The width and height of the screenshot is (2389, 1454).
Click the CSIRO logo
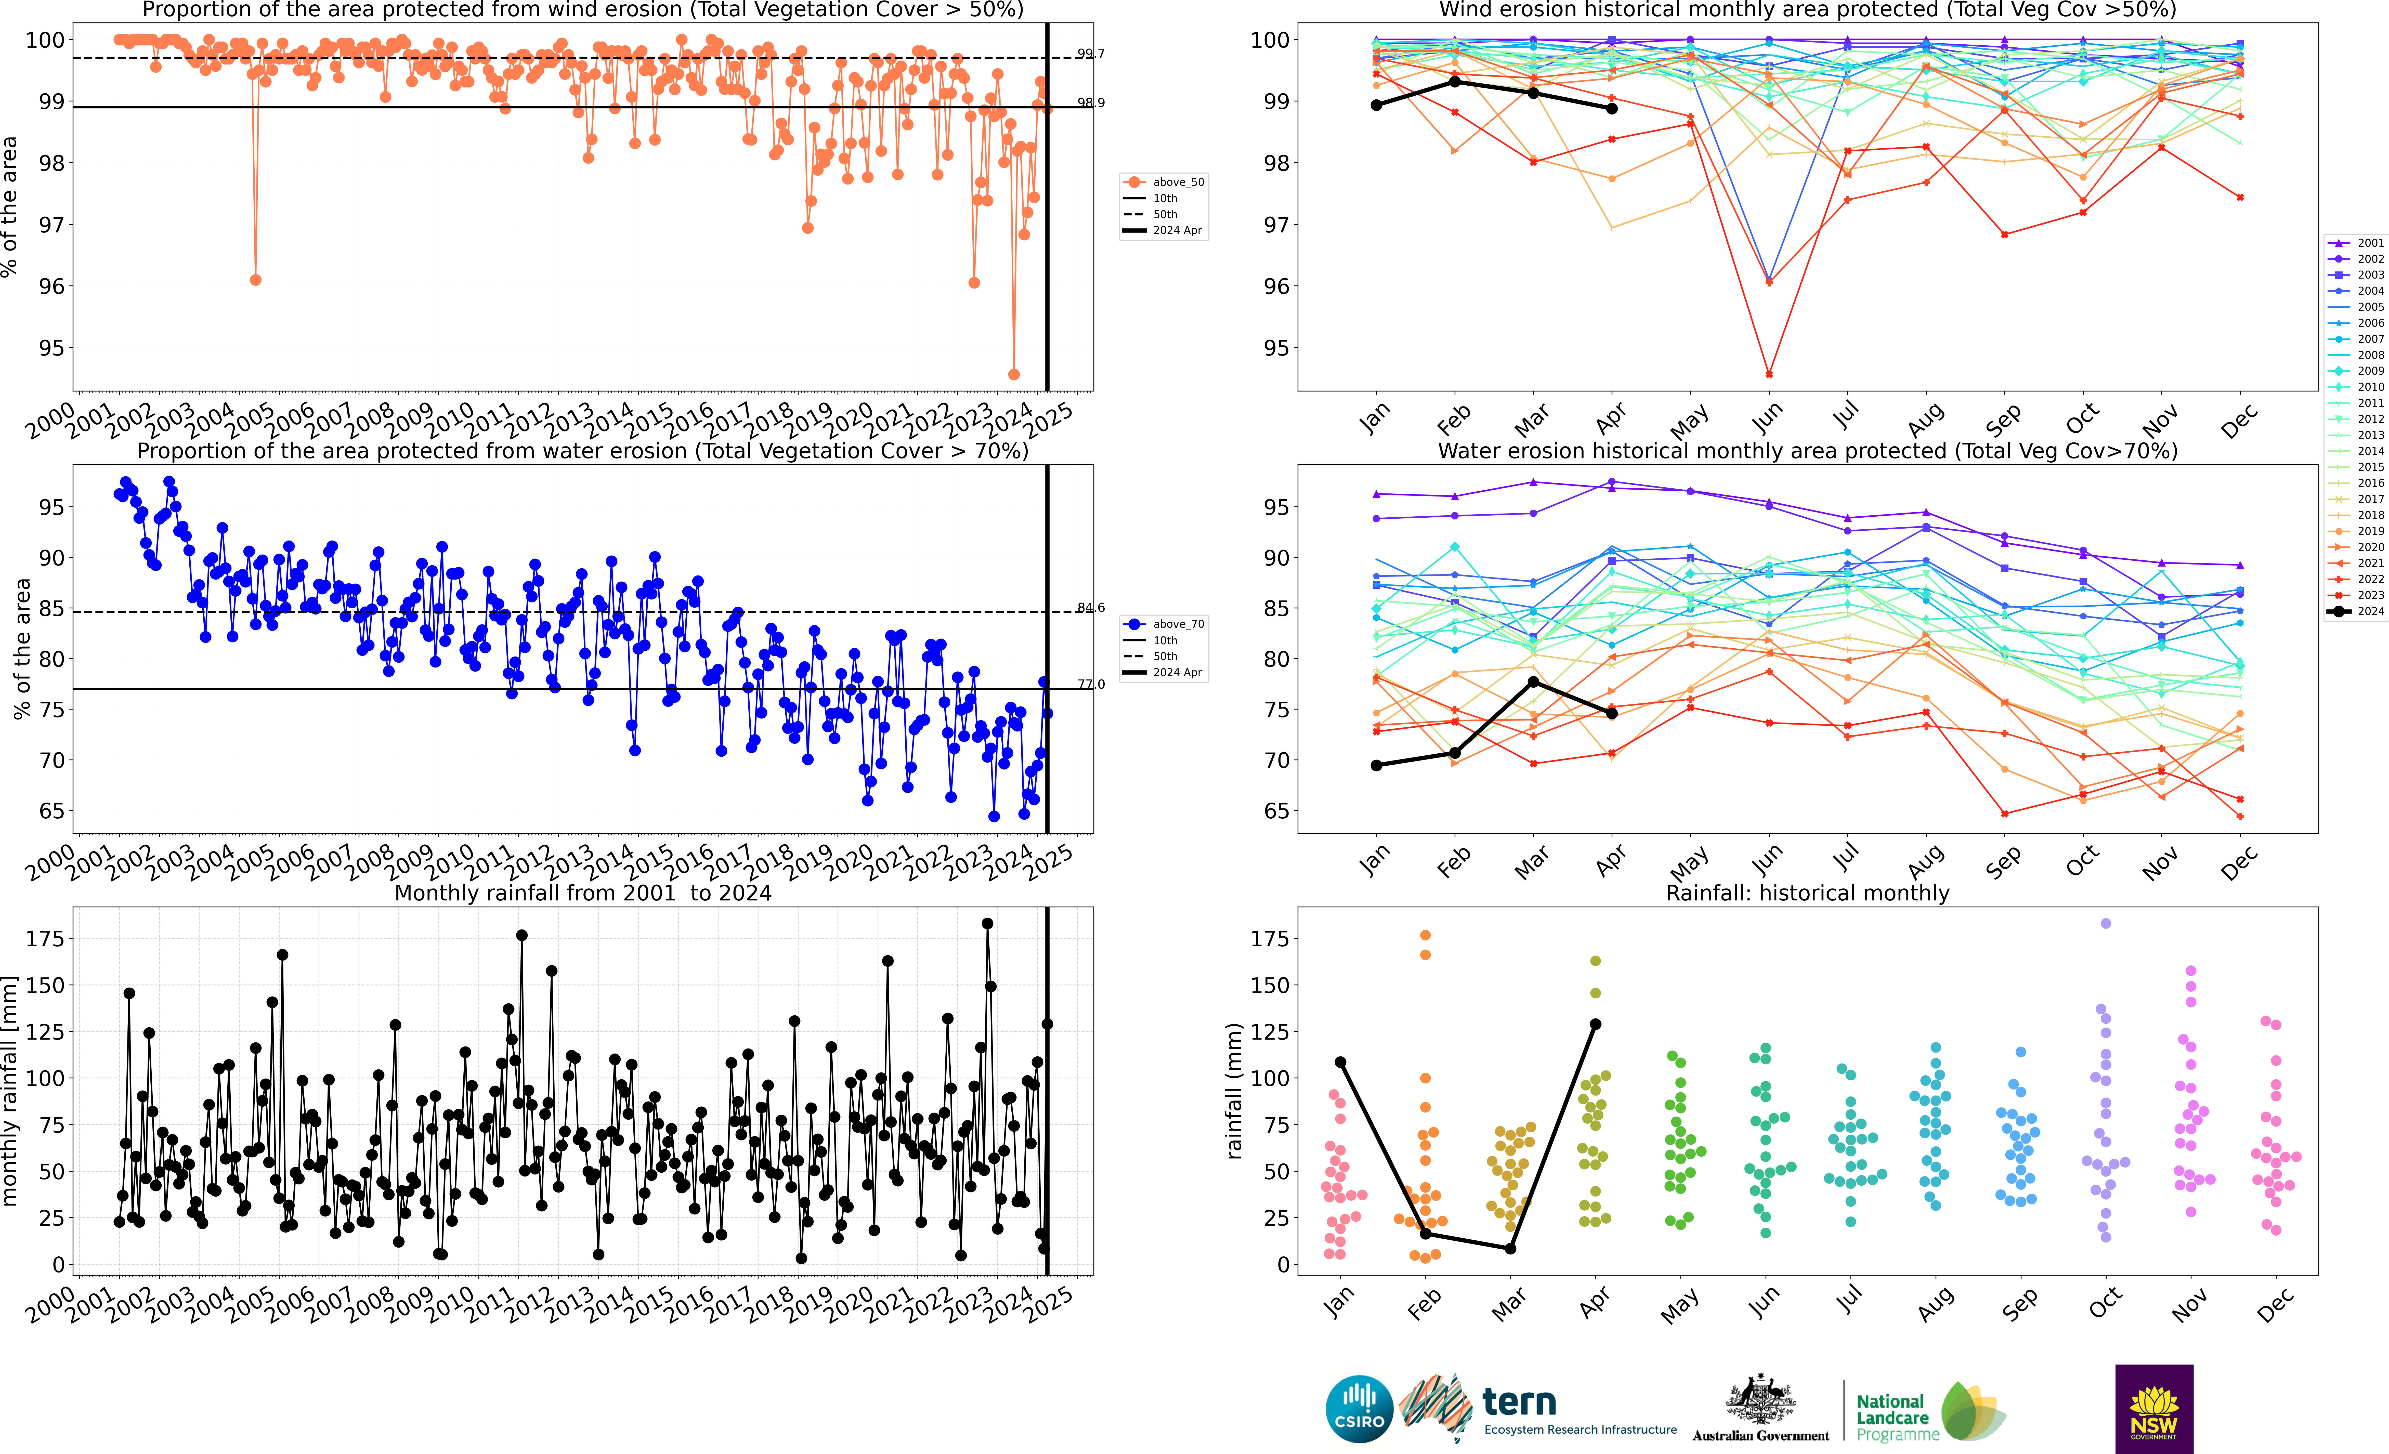point(1358,1408)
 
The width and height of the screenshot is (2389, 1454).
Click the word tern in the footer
point(1519,1402)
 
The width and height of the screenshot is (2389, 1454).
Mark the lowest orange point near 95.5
point(1014,374)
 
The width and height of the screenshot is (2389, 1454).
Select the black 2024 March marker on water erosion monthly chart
point(1533,683)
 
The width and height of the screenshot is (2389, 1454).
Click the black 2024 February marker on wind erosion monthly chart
point(1454,81)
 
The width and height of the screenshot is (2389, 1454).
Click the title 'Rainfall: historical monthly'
point(1807,893)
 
